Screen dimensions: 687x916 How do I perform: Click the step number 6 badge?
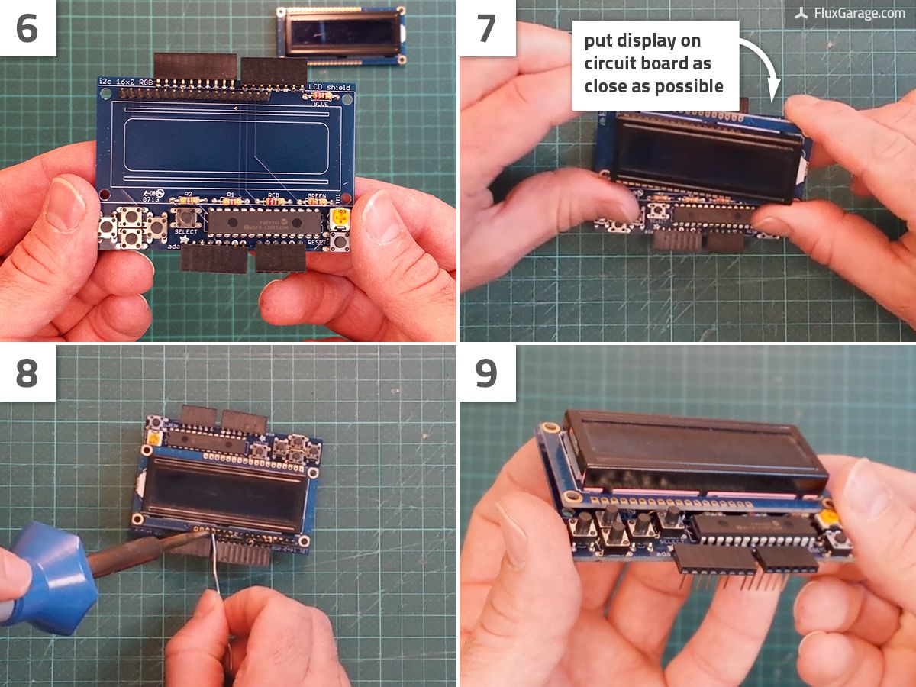(x=27, y=28)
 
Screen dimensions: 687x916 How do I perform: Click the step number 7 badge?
(x=487, y=28)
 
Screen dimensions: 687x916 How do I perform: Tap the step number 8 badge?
(x=27, y=373)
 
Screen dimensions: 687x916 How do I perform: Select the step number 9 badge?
(x=487, y=373)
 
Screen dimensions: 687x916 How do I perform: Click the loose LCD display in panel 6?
(x=340, y=34)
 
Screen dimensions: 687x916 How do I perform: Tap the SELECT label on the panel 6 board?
(x=185, y=232)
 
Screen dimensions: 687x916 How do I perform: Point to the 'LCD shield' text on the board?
(x=329, y=88)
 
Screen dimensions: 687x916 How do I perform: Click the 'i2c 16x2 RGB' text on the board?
(x=130, y=82)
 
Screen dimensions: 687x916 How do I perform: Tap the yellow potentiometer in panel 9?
(x=827, y=521)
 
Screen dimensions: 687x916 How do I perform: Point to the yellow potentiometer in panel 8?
(x=155, y=440)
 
